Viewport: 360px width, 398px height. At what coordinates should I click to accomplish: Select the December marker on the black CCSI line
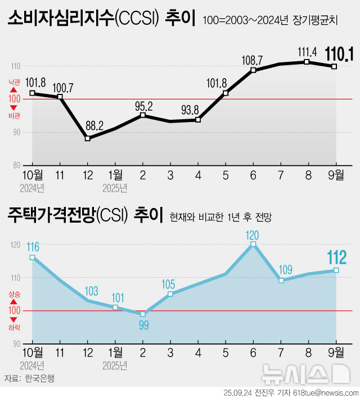pyautogui.click(x=88, y=138)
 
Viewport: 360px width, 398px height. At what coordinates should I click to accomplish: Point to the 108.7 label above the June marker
pyautogui.click(x=251, y=59)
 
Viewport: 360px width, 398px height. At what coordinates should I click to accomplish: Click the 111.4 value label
pyautogui.click(x=307, y=52)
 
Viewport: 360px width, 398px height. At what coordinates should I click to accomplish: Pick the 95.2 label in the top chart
pyautogui.click(x=144, y=105)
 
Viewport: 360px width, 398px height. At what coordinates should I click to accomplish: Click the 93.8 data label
pyautogui.click(x=198, y=109)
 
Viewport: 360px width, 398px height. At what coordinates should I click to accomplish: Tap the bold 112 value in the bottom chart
pyautogui.click(x=337, y=257)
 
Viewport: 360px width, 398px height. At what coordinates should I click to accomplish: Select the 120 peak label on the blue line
pyautogui.click(x=253, y=234)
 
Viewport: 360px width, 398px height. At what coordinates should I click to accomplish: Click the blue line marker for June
pyautogui.click(x=253, y=245)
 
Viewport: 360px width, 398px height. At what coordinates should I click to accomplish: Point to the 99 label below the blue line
pyautogui.click(x=143, y=325)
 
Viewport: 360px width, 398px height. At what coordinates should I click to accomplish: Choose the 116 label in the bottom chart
pyautogui.click(x=33, y=246)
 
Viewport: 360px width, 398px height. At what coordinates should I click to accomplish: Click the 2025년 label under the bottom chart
pyautogui.click(x=115, y=365)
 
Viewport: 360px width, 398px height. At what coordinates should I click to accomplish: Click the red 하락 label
pyautogui.click(x=14, y=327)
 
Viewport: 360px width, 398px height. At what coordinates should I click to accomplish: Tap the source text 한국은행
pyautogui.click(x=40, y=378)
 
